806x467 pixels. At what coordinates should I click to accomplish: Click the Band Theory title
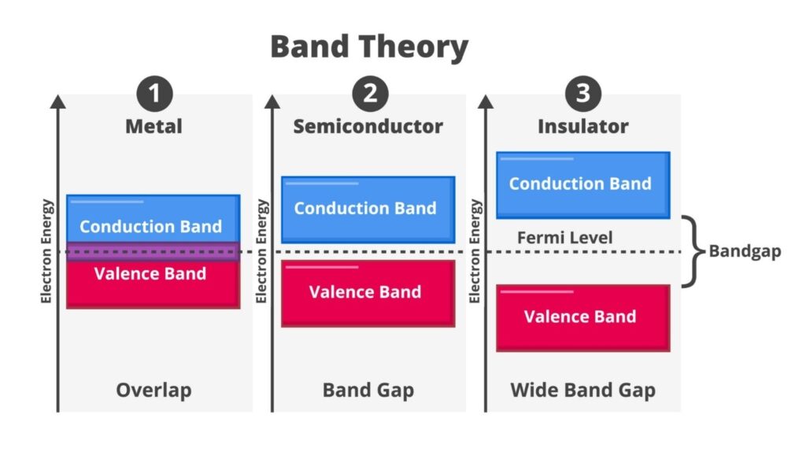click(x=369, y=47)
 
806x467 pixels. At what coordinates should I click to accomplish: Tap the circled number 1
click(x=154, y=95)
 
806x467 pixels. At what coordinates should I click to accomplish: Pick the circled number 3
click(x=582, y=95)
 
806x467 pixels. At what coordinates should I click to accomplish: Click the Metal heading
click(x=154, y=126)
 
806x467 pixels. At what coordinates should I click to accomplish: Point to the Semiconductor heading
click(x=368, y=126)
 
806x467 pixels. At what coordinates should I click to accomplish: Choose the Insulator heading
click(x=582, y=126)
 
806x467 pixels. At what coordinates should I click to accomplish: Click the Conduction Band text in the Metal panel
click(x=151, y=227)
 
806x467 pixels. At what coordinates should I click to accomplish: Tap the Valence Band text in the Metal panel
click(x=150, y=274)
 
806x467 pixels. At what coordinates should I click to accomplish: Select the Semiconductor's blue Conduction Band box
click(x=368, y=209)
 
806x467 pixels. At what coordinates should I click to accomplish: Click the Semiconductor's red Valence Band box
click(x=368, y=293)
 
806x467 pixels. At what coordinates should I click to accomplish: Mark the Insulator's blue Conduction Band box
click(x=582, y=184)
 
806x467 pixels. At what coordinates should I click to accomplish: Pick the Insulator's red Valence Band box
click(x=582, y=317)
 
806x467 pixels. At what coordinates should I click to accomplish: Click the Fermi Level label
click(x=564, y=237)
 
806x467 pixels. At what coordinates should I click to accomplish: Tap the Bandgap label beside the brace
click(x=745, y=252)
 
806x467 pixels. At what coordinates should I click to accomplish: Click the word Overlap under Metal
click(x=153, y=390)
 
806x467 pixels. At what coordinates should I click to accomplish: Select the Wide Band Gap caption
click(x=582, y=390)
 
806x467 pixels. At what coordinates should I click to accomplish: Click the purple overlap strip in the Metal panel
click(x=153, y=251)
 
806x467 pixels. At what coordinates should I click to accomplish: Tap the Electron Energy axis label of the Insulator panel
click(x=475, y=251)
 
